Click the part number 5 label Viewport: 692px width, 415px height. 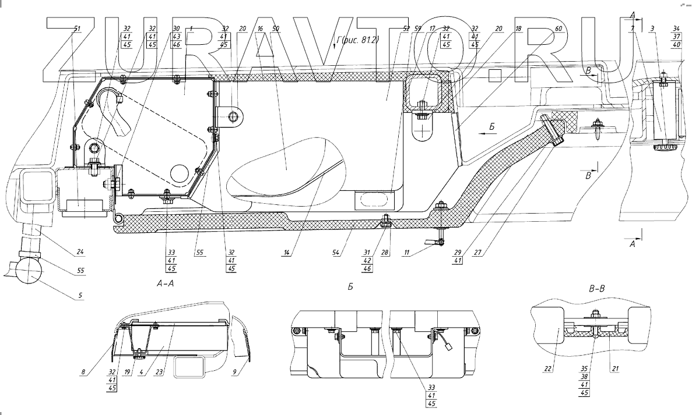pos(81,296)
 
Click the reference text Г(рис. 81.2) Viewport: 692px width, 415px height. pos(356,42)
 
